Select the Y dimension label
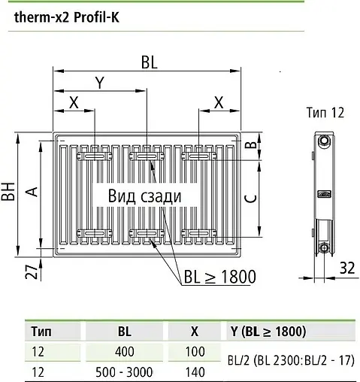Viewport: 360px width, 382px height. [98, 83]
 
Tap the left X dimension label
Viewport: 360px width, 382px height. [73, 102]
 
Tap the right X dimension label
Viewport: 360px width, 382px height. [219, 102]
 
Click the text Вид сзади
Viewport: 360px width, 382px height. [144, 196]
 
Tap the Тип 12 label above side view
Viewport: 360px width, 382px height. [325, 113]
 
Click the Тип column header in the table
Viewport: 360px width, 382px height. [41, 331]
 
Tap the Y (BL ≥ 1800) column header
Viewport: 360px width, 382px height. [268, 331]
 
